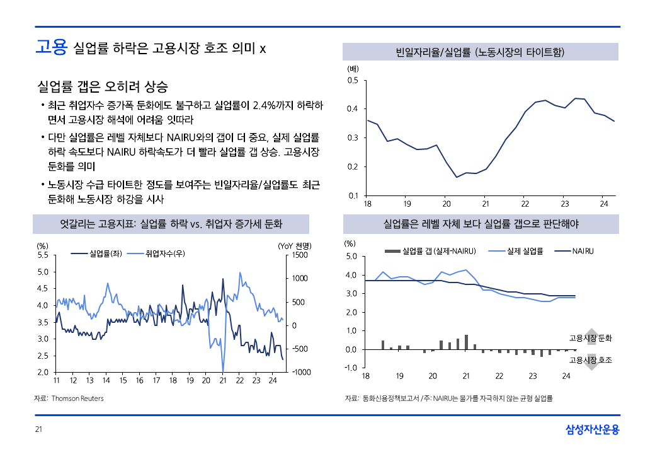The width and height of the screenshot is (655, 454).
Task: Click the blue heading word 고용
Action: click(51, 48)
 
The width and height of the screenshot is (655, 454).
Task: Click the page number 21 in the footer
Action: click(38, 429)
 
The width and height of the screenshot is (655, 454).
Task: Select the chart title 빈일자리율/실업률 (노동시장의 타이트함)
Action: click(480, 52)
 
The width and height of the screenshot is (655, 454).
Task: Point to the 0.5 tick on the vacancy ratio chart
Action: click(353, 80)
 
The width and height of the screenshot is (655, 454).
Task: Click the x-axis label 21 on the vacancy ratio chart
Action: click(486, 204)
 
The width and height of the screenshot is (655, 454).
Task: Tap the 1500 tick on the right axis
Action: click(299, 255)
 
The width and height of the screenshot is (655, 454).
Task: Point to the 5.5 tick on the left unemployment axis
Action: click(43, 255)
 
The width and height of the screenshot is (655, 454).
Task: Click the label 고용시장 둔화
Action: click(590, 339)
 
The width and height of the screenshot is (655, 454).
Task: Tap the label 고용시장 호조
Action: click(590, 360)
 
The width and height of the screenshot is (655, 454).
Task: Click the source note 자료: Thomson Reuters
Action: click(69, 399)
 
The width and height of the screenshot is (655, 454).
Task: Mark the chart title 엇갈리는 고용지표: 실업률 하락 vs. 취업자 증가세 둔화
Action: click(171, 224)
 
